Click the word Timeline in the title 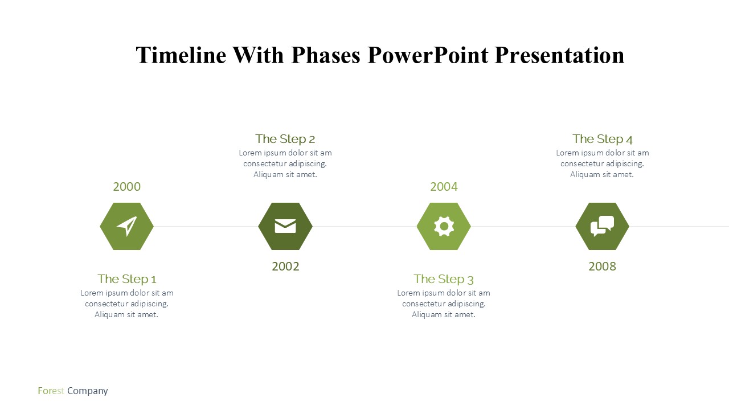click(181, 55)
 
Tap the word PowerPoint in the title click(428, 55)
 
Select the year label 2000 click(126, 187)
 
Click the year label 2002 click(285, 266)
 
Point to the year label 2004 click(444, 187)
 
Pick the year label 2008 click(603, 266)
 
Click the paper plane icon click(126, 226)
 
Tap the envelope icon click(285, 226)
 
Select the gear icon click(444, 226)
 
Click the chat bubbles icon click(603, 226)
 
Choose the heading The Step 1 click(127, 279)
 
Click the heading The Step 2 click(285, 140)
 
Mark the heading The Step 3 click(444, 279)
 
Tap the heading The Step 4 click(603, 140)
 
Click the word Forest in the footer click(51, 391)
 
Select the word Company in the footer click(88, 391)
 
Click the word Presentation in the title click(559, 55)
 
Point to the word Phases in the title click(326, 55)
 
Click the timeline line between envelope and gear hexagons click(364, 226)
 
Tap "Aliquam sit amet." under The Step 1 click(126, 315)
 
